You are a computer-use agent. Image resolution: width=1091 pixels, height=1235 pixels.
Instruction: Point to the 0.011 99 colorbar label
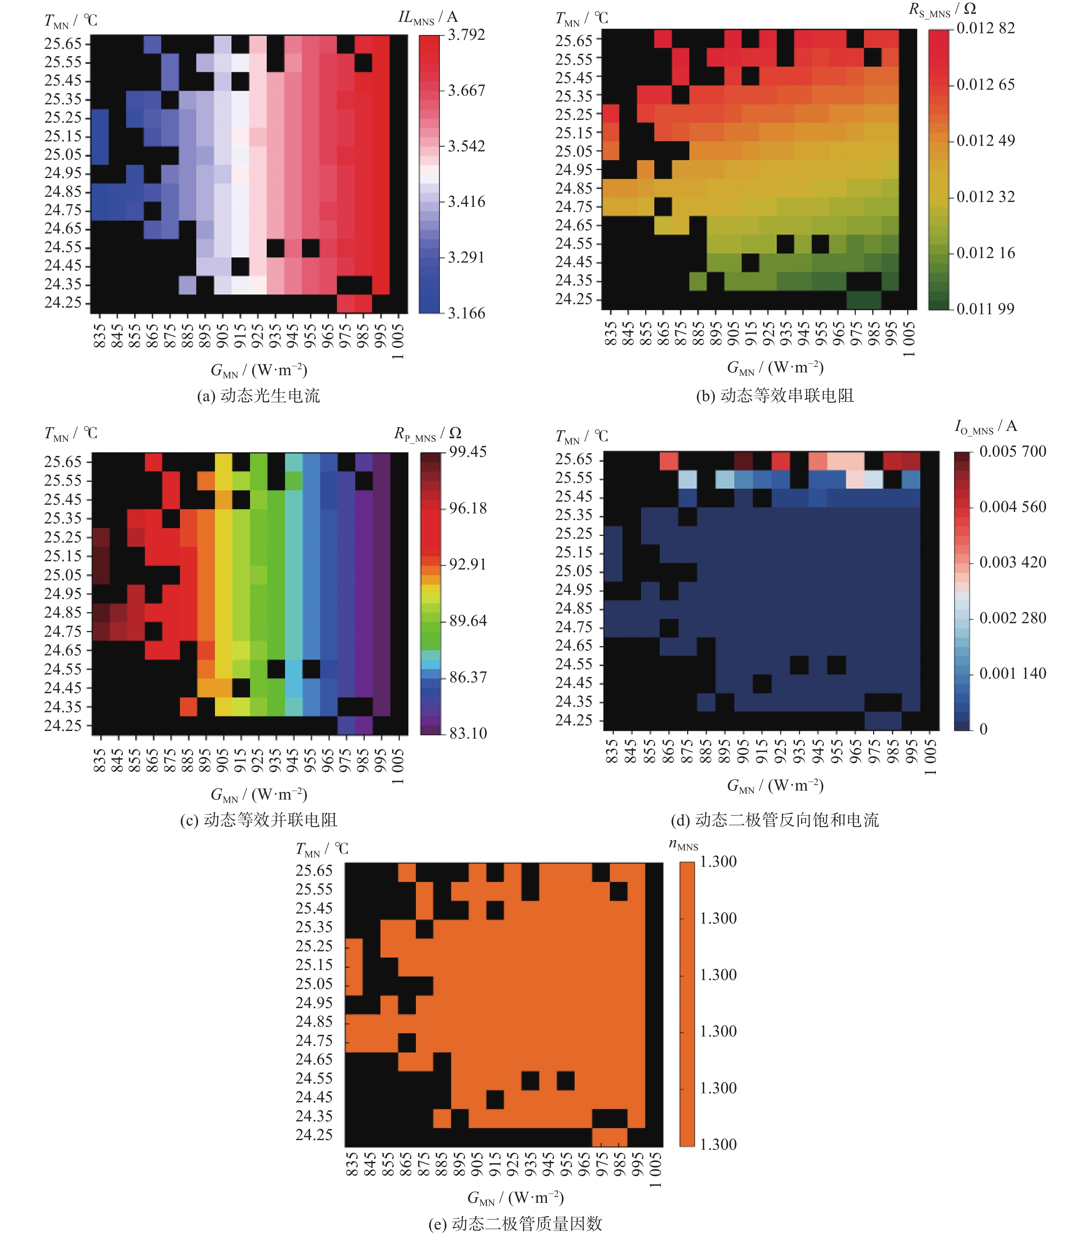pos(985,309)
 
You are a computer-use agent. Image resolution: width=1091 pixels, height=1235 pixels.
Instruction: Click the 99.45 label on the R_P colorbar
pos(468,452)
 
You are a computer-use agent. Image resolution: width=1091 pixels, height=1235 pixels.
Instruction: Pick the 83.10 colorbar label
pos(468,733)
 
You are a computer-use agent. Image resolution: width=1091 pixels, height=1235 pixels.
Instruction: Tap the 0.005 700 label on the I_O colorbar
pos(1012,451)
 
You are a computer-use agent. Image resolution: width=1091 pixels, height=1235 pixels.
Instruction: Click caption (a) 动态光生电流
pos(259,396)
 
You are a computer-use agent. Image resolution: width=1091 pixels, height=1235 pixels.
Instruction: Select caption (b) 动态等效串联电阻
pos(775,396)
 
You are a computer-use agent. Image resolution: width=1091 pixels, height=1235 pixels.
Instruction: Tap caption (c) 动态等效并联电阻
pos(259,820)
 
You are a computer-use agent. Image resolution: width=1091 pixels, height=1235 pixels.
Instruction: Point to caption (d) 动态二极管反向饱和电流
pos(775,820)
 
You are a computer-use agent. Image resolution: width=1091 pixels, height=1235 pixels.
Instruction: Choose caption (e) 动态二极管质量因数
pos(515,1224)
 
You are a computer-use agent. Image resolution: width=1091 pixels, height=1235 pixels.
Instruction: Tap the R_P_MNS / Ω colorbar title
pos(428,434)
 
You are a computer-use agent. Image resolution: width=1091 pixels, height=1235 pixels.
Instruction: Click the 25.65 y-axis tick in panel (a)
pos(63,44)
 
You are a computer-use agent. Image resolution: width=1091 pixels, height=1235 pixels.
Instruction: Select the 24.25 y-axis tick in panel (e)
pos(314,1135)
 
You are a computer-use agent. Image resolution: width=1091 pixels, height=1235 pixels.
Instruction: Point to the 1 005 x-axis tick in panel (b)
pos(909,339)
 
